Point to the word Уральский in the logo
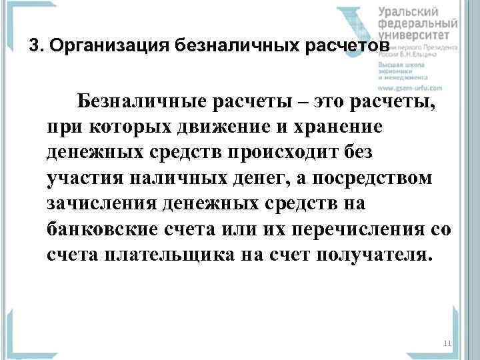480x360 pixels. click(x=408, y=11)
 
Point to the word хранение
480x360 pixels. click(x=339, y=128)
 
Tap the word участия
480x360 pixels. click(x=86, y=178)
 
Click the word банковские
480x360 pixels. click(x=101, y=228)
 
